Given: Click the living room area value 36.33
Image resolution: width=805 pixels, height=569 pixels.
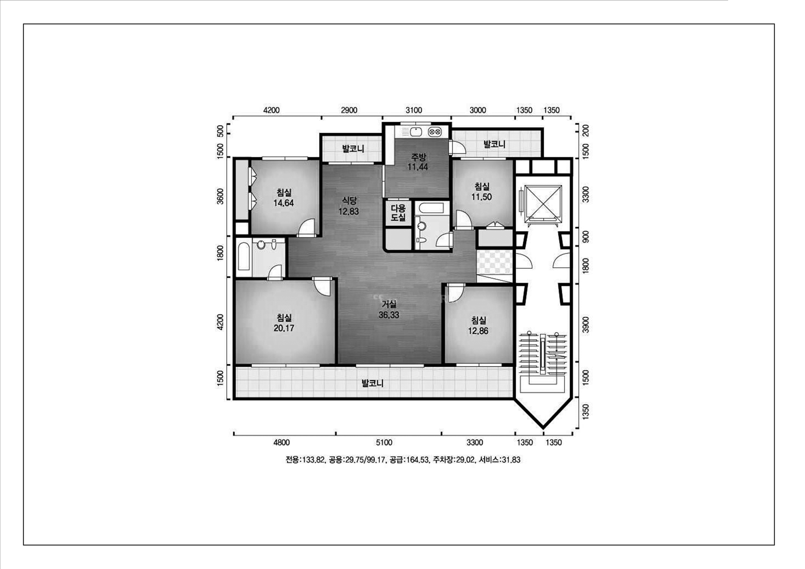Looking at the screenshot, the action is point(389,315).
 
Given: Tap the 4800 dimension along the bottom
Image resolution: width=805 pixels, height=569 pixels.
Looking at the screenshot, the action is point(282,442).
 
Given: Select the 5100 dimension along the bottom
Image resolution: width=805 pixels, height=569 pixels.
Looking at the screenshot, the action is point(384,442).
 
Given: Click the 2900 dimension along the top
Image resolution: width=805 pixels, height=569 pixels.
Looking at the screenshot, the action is point(349,110).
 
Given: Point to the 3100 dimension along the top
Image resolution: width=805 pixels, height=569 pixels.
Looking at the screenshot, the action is point(414,110).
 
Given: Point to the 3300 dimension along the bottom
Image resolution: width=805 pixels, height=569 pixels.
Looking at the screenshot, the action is point(475,442).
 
